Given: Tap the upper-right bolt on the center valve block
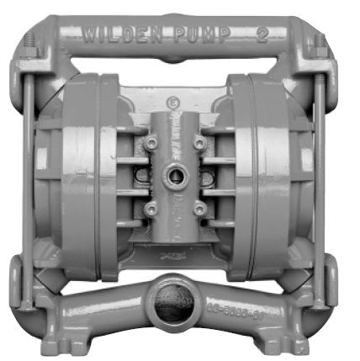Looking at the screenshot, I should click(x=200, y=145).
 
